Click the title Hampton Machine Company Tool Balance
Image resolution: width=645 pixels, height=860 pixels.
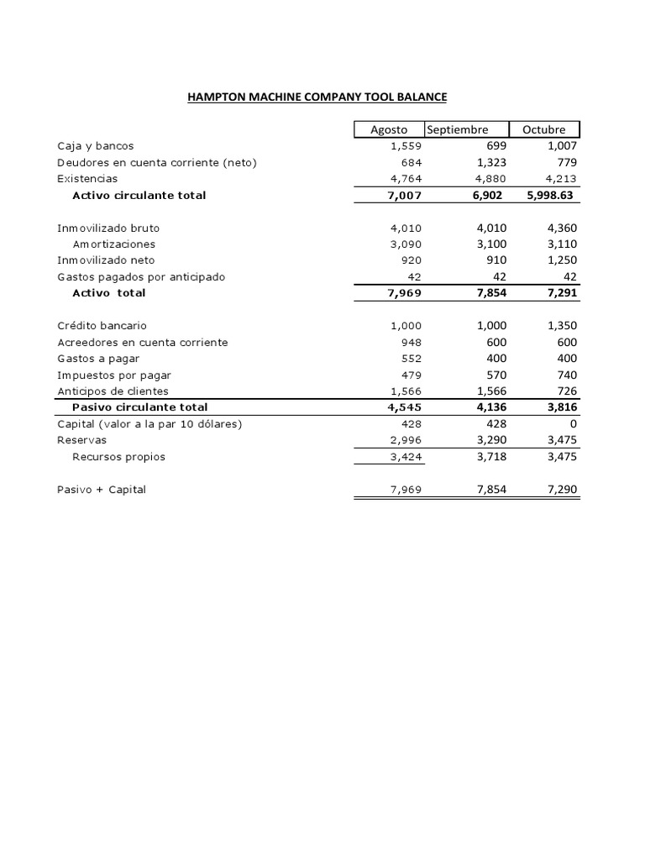(317, 97)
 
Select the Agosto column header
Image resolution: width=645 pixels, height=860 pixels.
(389, 129)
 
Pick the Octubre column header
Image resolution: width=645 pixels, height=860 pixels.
(543, 129)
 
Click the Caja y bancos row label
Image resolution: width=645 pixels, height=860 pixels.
(95, 145)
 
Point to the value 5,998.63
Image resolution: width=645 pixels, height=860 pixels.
(550, 195)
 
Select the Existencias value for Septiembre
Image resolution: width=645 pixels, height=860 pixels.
(487, 178)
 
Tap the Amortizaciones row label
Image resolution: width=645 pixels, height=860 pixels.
(113, 244)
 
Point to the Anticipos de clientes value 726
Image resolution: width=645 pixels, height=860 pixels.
(567, 391)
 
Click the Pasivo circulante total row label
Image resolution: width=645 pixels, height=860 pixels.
(138, 407)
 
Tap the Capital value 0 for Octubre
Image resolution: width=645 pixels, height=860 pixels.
(574, 424)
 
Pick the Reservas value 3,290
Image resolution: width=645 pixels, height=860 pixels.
(487, 440)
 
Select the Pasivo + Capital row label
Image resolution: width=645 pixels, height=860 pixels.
(101, 490)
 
